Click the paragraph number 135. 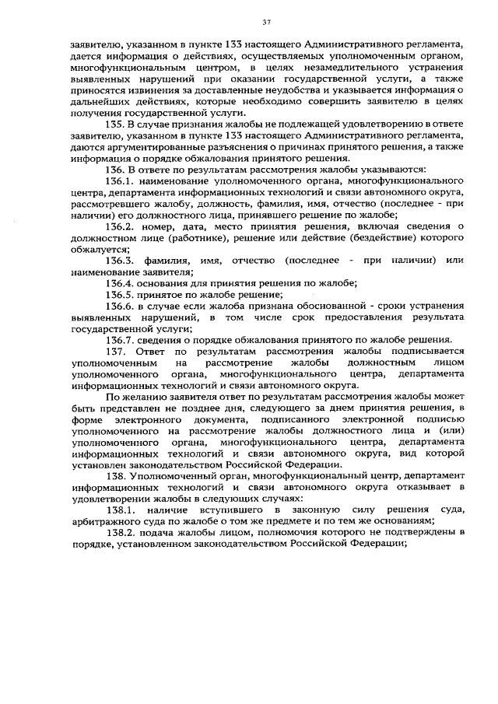tap(114, 124)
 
